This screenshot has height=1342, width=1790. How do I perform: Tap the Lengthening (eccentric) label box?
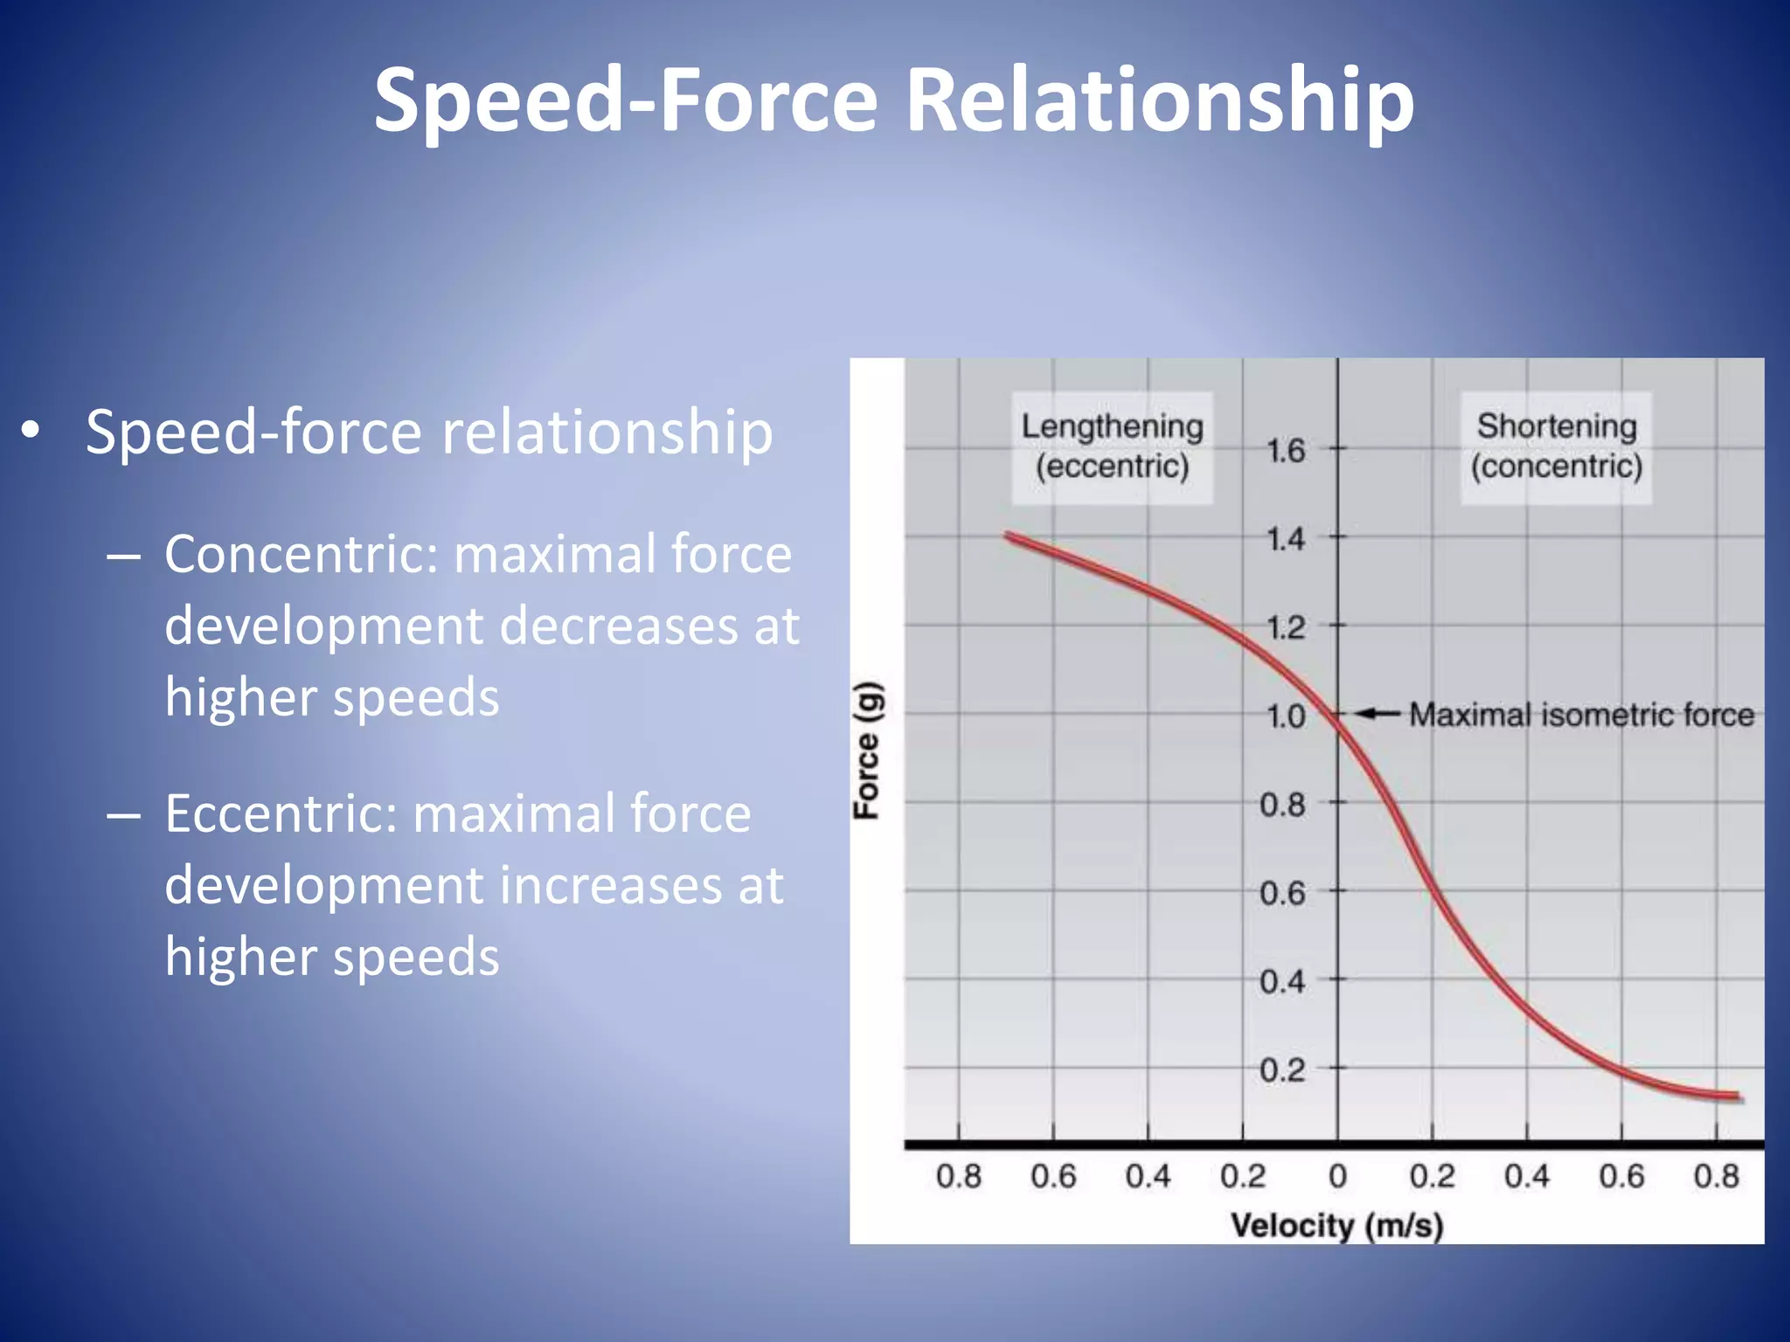click(x=1112, y=446)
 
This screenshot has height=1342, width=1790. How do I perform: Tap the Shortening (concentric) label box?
click(x=1556, y=446)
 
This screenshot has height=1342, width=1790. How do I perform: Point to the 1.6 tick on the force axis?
click(x=1286, y=451)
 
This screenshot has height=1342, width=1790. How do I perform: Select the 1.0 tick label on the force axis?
click(x=1286, y=716)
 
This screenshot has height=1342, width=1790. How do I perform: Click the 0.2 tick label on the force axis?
click(x=1282, y=1069)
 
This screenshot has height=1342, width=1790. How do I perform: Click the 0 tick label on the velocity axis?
click(x=1337, y=1176)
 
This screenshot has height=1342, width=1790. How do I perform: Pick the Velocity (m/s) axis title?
click(x=1336, y=1225)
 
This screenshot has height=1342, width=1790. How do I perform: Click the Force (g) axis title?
click(x=868, y=750)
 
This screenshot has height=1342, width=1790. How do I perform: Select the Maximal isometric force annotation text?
click(x=1581, y=715)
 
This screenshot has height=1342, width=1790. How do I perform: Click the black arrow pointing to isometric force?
click(x=1378, y=714)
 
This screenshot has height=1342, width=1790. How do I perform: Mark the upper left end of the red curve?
click(x=1008, y=536)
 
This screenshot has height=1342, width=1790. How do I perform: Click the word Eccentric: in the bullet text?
click(x=281, y=813)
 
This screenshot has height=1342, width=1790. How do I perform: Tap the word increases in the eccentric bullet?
click(x=612, y=885)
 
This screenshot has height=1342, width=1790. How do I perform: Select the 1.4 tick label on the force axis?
click(x=1286, y=539)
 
